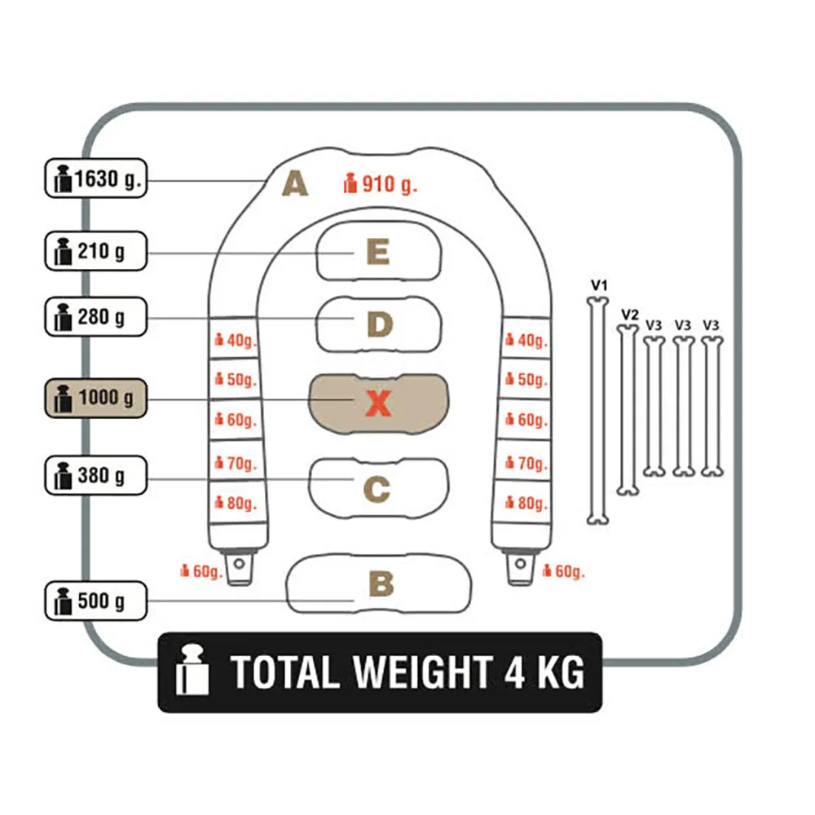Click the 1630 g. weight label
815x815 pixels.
tap(96, 178)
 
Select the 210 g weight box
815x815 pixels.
tap(96, 251)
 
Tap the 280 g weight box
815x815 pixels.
tap(96, 316)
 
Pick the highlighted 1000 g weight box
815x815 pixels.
tap(96, 399)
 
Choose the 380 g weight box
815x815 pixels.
tap(96, 475)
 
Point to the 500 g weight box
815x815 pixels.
tap(96, 601)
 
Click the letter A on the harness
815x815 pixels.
tap(295, 183)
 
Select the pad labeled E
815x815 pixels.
tap(379, 251)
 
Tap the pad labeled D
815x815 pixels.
tap(379, 324)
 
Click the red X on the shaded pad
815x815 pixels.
tap(378, 403)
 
